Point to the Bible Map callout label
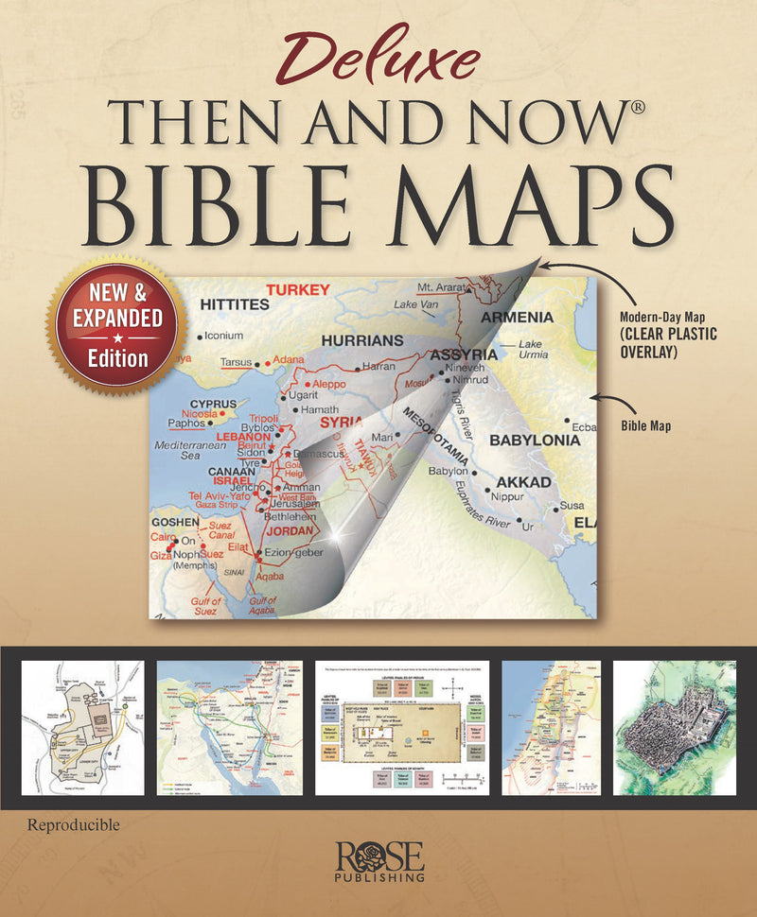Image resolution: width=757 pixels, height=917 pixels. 645,426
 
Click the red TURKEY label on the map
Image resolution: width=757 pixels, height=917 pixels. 297,289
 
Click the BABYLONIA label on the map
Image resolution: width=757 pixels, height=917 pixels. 535,441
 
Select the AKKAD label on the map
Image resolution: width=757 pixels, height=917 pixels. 523,482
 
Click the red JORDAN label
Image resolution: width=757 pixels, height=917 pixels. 289,530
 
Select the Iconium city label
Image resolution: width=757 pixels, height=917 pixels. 223,336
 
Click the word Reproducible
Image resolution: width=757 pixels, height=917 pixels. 74,825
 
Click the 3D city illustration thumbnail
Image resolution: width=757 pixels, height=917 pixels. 674,727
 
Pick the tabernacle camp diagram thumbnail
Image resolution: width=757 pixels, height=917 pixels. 401,727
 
